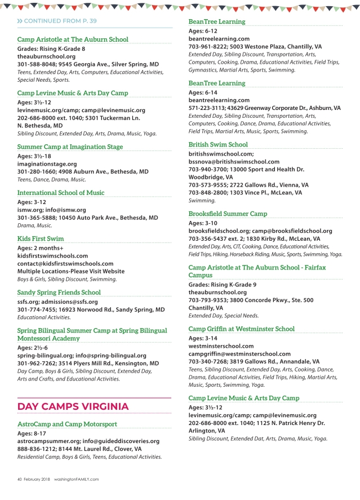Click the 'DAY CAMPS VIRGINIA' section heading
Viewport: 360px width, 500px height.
[x=73, y=406]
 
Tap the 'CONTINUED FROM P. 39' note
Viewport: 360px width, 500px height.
[x=60, y=20]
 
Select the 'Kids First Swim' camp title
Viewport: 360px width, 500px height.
[x=41, y=238]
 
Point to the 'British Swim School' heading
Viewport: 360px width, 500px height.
[x=218, y=144]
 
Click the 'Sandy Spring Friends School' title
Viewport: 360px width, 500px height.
[x=59, y=293]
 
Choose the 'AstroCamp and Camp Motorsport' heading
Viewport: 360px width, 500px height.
[x=67, y=424]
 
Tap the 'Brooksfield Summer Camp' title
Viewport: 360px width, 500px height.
[x=228, y=214]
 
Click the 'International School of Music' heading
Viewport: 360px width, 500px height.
[x=61, y=192]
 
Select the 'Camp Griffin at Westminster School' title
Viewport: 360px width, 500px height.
[x=241, y=329]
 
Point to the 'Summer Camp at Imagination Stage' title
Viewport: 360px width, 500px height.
[x=70, y=147]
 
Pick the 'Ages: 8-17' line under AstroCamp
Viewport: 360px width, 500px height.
[x=33, y=433]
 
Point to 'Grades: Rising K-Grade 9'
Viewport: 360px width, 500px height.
[x=223, y=285]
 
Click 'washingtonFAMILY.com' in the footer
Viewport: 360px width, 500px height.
[x=76, y=479]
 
